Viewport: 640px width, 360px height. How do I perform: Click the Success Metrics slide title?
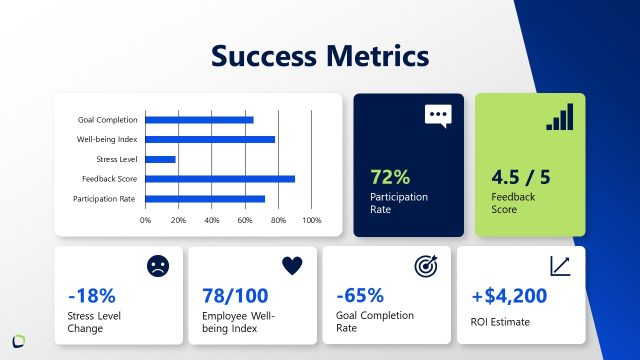[320, 56]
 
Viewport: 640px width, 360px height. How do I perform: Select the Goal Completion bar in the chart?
[199, 120]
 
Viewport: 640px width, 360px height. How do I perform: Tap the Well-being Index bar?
[210, 139]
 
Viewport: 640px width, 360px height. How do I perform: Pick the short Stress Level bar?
[160, 159]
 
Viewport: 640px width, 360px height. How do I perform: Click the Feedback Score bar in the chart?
[220, 179]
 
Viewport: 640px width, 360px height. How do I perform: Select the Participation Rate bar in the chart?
[205, 198]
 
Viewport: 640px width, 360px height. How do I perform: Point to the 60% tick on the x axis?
[245, 220]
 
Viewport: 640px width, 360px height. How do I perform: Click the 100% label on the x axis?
[311, 220]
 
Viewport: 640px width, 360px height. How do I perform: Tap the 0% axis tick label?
[146, 220]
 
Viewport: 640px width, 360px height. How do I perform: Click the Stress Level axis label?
[116, 159]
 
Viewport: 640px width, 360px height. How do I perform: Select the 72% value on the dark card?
[390, 177]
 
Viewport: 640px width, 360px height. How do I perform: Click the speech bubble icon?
[438, 115]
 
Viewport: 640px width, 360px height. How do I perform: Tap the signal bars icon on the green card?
[560, 117]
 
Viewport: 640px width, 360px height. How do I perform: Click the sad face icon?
[157, 266]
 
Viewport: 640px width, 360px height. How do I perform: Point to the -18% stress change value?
[92, 296]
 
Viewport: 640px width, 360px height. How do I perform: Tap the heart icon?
[291, 265]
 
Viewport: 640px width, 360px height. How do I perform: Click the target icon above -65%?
[426, 266]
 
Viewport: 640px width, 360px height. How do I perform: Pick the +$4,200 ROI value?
[509, 296]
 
